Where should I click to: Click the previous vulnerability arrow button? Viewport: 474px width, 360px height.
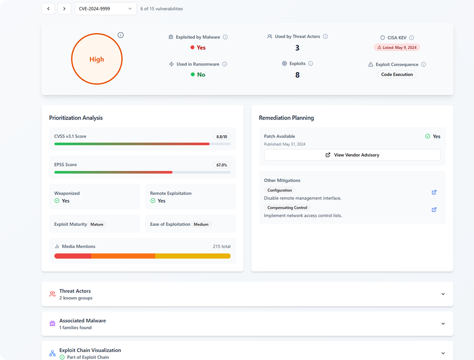pos(48,8)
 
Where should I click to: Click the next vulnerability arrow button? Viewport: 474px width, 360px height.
pos(64,8)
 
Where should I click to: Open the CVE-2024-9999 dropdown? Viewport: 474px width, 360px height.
pos(105,8)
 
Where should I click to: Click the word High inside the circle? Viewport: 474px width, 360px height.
pos(96,60)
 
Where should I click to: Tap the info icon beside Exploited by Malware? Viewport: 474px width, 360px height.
pos(225,37)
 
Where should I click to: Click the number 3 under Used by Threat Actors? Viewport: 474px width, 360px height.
pos(297,48)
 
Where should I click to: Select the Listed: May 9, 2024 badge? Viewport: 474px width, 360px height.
pos(397,47)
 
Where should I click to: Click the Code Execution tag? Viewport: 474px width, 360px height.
pos(397,75)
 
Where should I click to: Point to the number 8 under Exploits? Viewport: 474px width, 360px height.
pos(297,75)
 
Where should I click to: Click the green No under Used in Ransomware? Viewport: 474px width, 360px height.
pos(201,75)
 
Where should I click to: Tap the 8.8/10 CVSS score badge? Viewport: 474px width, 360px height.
pos(222,137)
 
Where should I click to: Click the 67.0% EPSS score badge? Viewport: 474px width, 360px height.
pos(222,165)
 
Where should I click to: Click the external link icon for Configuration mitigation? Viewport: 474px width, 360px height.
pos(434,192)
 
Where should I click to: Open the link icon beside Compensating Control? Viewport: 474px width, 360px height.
pos(434,210)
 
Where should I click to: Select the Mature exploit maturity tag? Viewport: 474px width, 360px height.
pos(97,225)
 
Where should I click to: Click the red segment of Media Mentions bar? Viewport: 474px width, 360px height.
pos(73,256)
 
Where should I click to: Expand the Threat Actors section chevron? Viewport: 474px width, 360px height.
pos(443,294)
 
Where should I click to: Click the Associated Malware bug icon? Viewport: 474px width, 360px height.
pos(52,324)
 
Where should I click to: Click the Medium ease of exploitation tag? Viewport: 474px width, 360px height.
pos(201,225)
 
